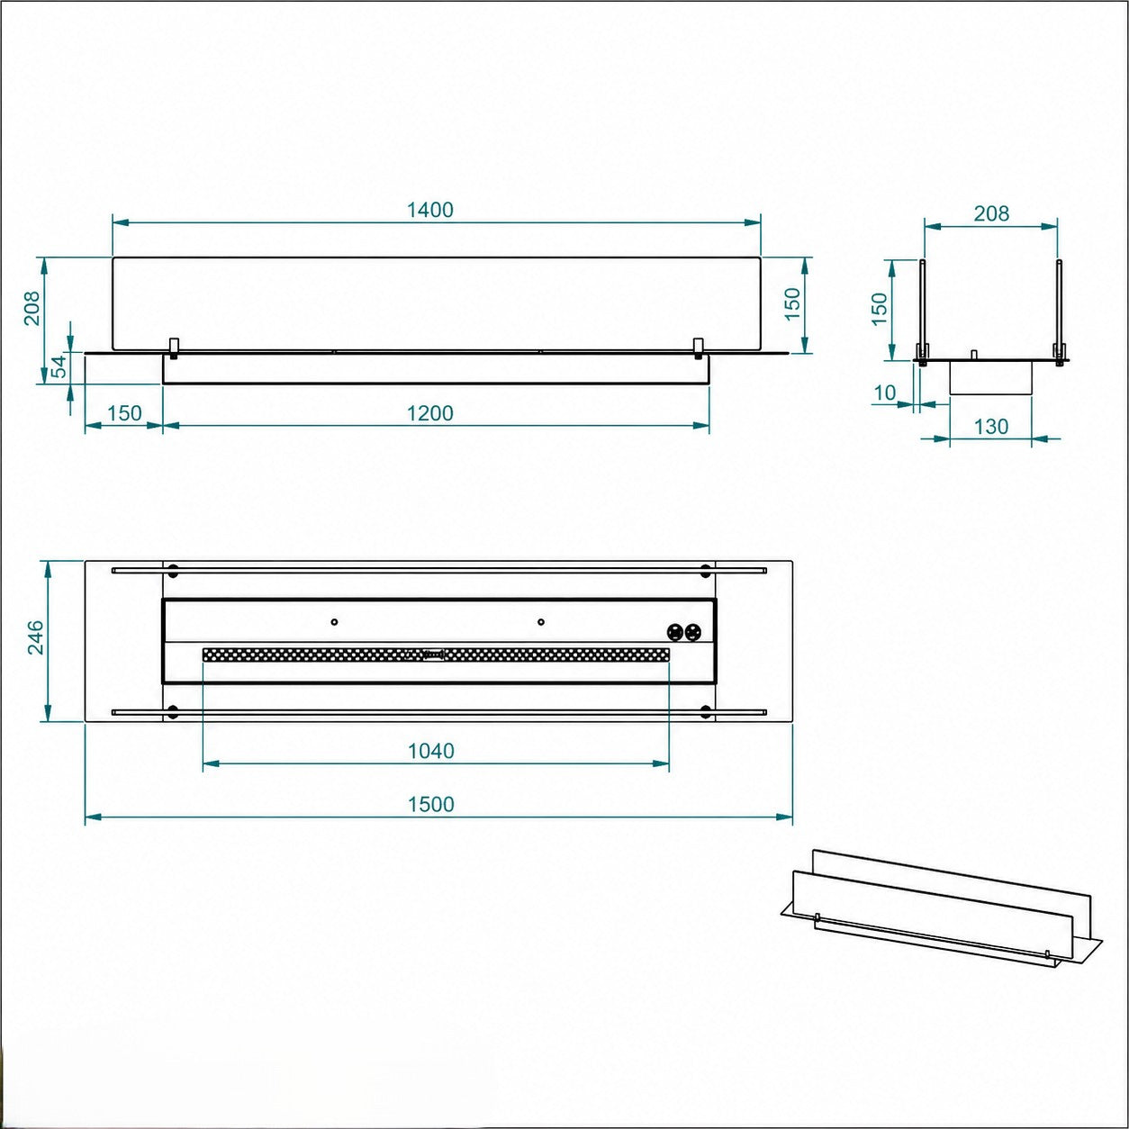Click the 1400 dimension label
click(x=430, y=210)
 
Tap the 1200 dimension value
click(x=430, y=413)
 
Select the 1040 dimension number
click(x=431, y=751)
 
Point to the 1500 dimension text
click(x=431, y=804)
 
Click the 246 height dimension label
click(x=34, y=637)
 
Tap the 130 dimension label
click(x=990, y=427)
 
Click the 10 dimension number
click(x=885, y=393)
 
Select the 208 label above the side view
click(x=991, y=214)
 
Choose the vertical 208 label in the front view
click(x=32, y=308)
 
